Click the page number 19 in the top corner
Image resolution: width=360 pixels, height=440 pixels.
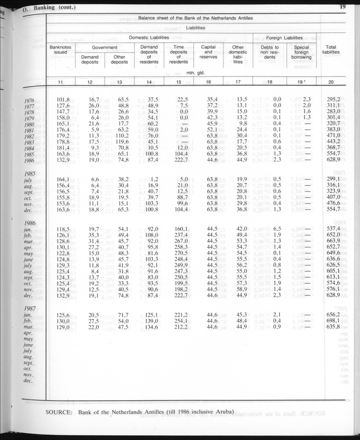click(x=343, y=6)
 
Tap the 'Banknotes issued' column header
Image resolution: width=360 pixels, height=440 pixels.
click(x=61, y=50)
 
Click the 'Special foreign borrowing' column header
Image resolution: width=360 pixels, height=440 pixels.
click(x=301, y=52)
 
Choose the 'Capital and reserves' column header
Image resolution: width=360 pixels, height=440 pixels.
click(x=208, y=52)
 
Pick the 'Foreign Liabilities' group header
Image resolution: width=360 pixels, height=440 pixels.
click(x=284, y=38)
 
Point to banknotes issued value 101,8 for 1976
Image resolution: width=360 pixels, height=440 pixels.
click(x=63, y=100)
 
